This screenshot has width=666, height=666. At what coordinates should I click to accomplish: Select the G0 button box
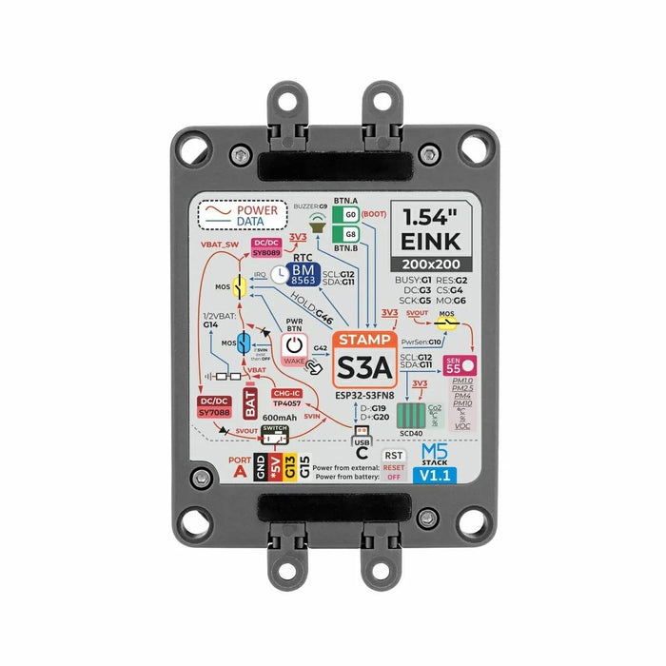pyautogui.click(x=350, y=216)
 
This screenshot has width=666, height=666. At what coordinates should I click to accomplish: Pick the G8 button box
pyautogui.click(x=350, y=234)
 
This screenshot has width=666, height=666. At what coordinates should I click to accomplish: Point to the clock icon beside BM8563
pyautogui.click(x=279, y=274)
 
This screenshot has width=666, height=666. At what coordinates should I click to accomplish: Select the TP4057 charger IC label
pyautogui.click(x=286, y=397)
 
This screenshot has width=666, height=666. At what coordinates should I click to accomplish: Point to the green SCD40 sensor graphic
pyautogui.click(x=413, y=417)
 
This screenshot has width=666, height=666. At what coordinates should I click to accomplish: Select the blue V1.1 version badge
pyautogui.click(x=435, y=474)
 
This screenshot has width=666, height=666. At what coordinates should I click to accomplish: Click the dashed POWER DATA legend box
pyautogui.click(x=243, y=216)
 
